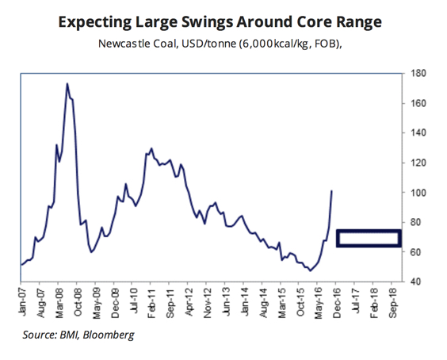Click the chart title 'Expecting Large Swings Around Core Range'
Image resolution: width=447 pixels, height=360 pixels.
(x=224, y=21)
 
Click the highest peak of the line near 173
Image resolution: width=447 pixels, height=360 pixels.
(x=67, y=83)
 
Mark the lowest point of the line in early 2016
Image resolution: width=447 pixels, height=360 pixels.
(x=311, y=271)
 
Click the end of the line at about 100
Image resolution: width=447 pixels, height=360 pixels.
(x=331, y=191)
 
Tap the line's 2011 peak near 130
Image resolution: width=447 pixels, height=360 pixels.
(x=151, y=148)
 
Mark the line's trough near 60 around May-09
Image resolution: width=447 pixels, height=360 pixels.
(x=92, y=252)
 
